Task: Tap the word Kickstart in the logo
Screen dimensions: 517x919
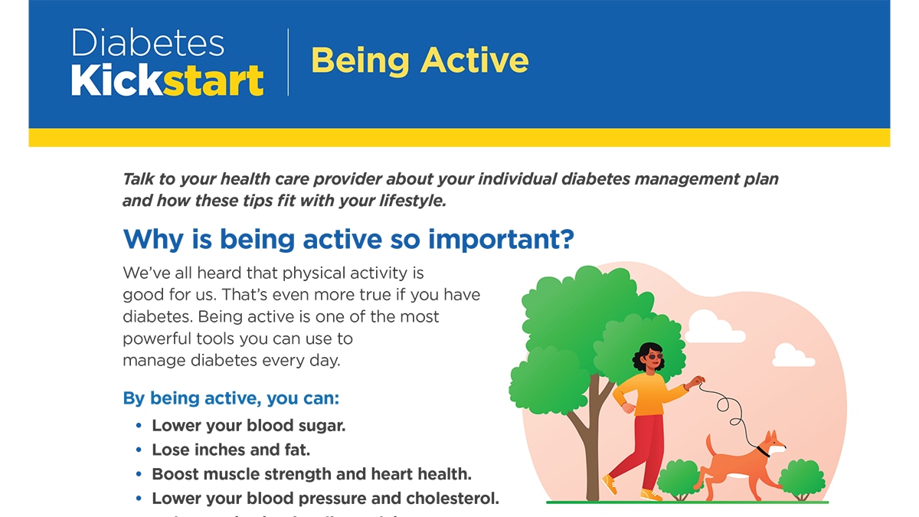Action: point(167,81)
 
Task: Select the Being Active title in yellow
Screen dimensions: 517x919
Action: point(419,61)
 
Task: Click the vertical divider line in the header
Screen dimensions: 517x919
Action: point(288,62)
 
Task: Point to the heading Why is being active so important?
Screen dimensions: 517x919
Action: point(348,239)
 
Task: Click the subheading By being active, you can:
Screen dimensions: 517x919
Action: point(231,399)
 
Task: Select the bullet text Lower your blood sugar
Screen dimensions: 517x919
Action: point(248,426)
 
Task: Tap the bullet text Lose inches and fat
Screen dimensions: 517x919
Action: point(231,450)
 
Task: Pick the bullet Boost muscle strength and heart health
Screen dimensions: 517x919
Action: point(311,475)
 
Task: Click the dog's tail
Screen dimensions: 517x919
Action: point(709,444)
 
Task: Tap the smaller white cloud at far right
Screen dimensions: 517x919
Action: point(791,356)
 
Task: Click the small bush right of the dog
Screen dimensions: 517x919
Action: point(801,478)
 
